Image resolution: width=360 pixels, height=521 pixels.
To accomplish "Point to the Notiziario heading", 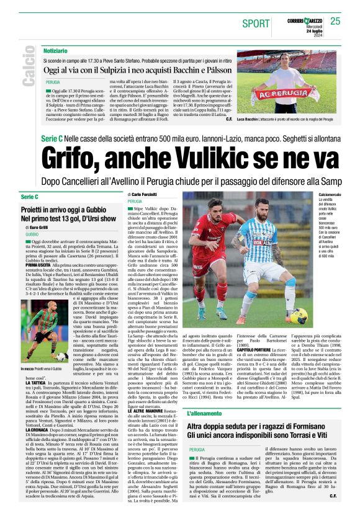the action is (x=56, y=50).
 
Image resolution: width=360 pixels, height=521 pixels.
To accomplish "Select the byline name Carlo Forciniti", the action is (x=146, y=195).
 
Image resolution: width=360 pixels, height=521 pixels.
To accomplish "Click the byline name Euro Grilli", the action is (x=39, y=228).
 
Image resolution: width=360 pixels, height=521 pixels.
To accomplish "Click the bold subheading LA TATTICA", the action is (x=36, y=367).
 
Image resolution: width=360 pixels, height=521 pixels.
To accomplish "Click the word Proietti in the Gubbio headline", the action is (x=35, y=211).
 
